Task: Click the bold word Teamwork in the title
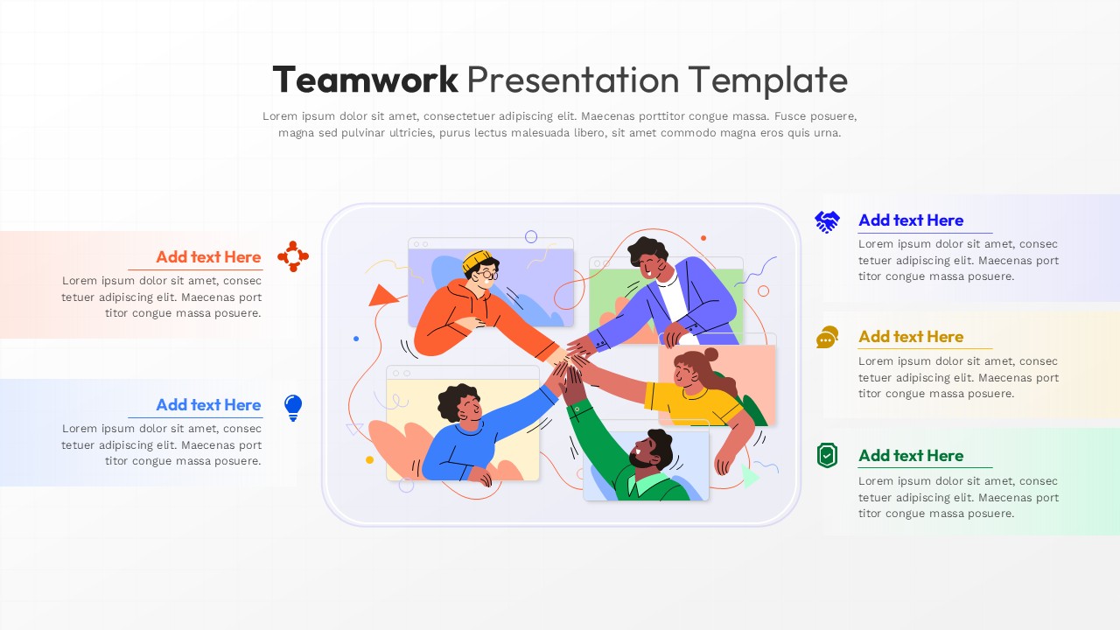tap(365, 80)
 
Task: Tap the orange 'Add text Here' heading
tap(208, 256)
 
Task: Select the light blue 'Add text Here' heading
tap(208, 404)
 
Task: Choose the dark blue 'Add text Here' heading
tap(911, 220)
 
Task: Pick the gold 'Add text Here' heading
tap(911, 337)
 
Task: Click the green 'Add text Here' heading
tap(911, 456)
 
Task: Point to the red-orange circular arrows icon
tap(293, 256)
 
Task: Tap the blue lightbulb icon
tap(293, 408)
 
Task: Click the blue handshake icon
tap(827, 221)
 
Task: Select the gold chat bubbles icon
tap(827, 337)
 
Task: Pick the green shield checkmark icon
tap(827, 456)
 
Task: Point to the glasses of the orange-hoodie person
tap(487, 275)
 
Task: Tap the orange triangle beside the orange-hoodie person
tap(381, 296)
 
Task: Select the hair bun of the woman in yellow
tap(710, 354)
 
